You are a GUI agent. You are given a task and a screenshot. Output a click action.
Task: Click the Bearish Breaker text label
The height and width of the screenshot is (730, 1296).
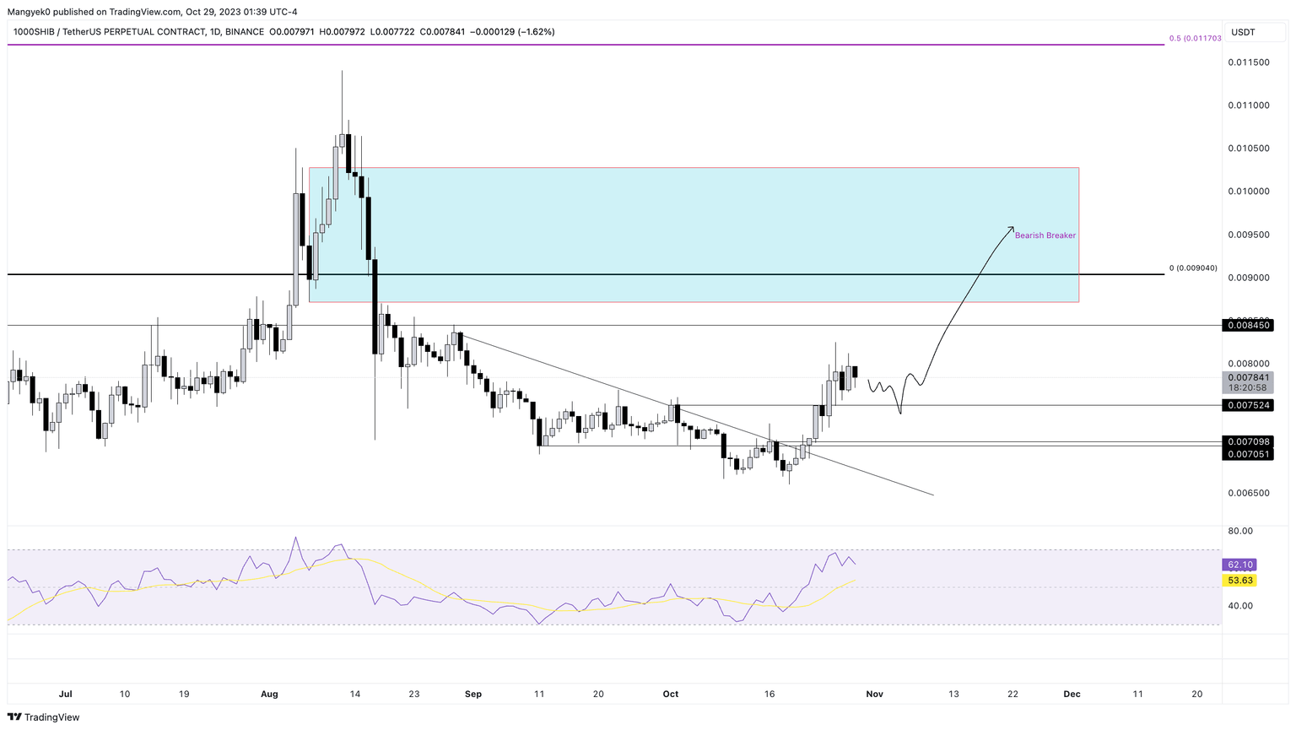click(1045, 235)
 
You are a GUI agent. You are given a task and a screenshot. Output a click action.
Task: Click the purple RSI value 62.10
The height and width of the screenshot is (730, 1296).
click(1240, 565)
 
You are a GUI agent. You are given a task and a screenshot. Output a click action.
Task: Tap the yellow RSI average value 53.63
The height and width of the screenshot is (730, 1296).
click(1240, 581)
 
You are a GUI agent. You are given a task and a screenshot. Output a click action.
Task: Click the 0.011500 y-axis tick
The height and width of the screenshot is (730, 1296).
click(1249, 62)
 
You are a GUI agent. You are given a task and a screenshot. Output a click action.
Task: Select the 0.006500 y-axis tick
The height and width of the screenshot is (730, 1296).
click(1249, 493)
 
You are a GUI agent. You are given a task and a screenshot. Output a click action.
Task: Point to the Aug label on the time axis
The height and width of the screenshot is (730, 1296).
click(269, 695)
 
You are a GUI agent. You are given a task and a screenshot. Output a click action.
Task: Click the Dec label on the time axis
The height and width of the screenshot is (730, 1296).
click(1072, 695)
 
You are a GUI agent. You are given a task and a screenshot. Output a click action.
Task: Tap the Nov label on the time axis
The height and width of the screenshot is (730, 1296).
click(874, 695)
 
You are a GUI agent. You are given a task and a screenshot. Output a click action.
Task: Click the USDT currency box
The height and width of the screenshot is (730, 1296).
click(1244, 32)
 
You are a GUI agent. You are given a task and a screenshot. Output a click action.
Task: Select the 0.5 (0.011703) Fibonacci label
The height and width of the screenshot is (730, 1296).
click(1195, 39)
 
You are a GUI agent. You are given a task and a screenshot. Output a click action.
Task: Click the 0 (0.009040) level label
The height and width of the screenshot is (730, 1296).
click(1193, 268)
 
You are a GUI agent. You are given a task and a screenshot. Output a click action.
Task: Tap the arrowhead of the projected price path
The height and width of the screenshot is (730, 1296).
click(1012, 228)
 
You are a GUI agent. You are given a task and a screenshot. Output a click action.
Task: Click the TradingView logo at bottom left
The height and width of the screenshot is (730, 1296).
click(44, 717)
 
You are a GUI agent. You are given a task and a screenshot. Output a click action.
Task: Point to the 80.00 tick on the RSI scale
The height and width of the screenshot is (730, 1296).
click(1240, 531)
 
